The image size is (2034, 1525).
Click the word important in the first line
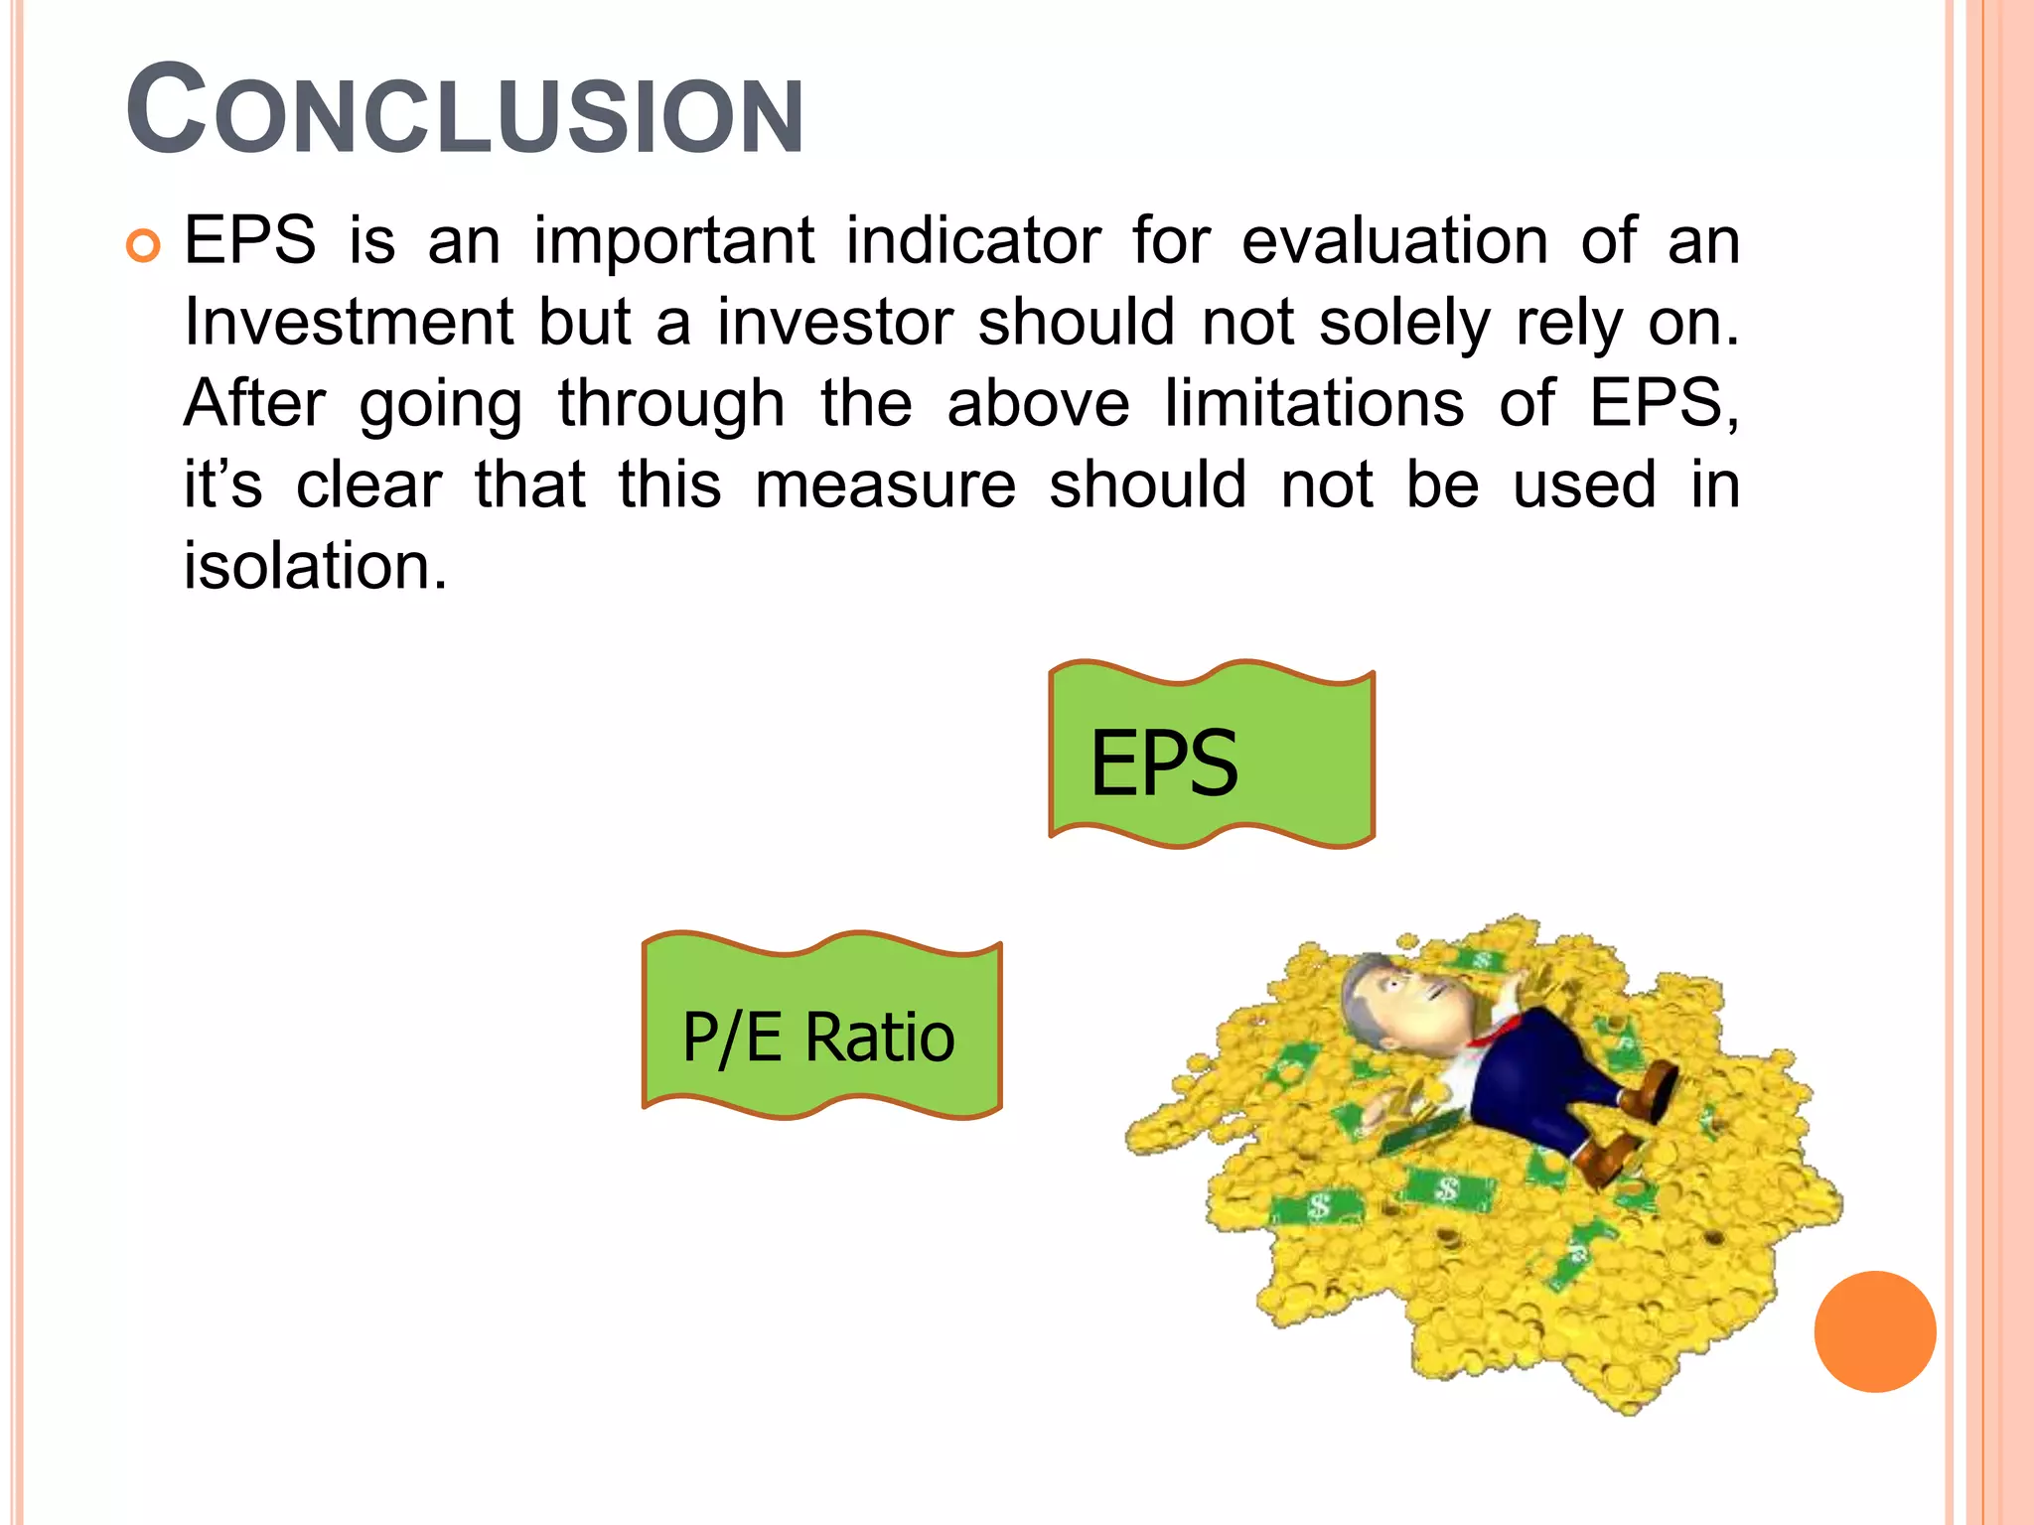point(674,242)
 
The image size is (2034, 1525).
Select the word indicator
point(972,240)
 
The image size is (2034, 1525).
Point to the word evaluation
point(1394,240)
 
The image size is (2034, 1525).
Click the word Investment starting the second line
point(349,323)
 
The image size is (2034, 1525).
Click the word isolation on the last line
point(315,566)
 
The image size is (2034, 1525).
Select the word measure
point(885,485)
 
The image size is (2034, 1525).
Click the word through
point(671,406)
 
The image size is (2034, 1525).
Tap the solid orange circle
point(1874,1331)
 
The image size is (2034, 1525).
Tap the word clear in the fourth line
point(368,485)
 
